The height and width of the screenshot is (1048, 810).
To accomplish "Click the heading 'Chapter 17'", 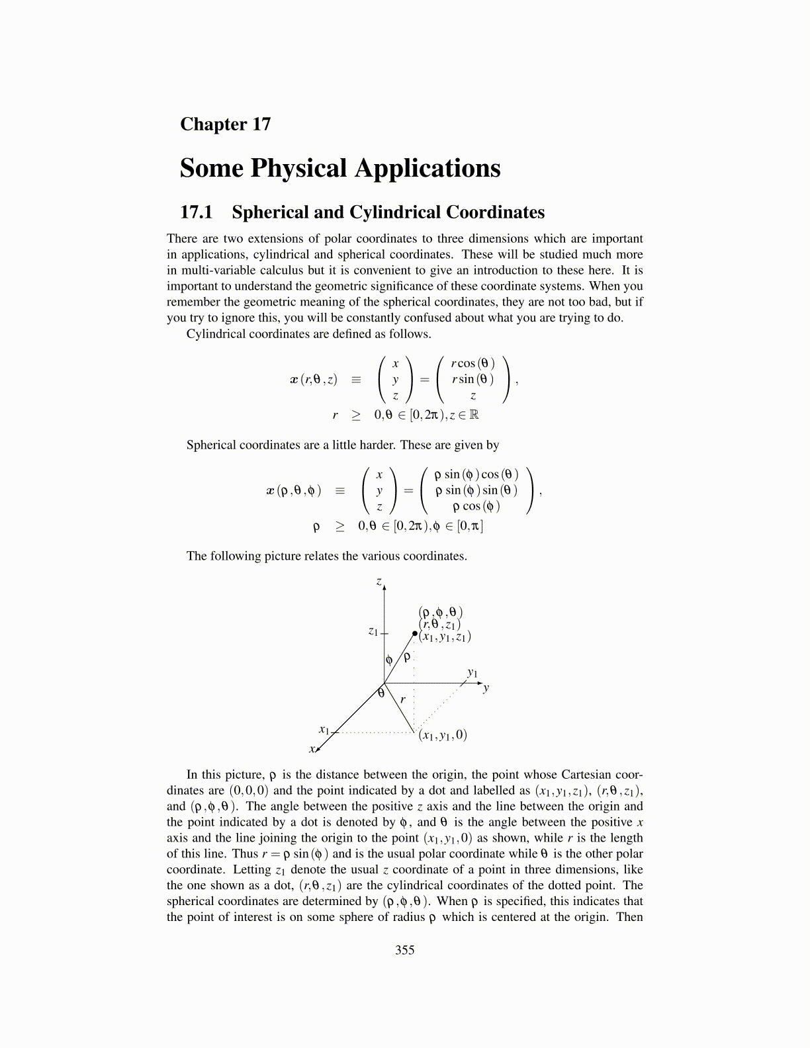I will (225, 124).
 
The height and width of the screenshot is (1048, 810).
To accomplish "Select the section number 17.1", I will (196, 212).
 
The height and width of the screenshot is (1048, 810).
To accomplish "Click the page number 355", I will (404, 950).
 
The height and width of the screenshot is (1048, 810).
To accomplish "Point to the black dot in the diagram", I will (415, 633).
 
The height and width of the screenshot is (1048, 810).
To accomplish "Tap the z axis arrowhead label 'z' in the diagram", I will (379, 582).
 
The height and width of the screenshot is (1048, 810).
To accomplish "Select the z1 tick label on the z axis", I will (373, 631).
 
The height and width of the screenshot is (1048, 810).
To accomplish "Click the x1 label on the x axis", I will (324, 730).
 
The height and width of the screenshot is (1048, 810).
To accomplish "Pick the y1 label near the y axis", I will (472, 672).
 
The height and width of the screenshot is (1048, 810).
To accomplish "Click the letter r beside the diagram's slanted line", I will (403, 699).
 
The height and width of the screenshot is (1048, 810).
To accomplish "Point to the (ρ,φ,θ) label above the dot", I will (441, 612).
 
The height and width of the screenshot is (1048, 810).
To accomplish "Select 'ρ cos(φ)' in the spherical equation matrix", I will (476, 506).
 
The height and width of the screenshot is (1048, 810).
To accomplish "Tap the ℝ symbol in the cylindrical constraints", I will (473, 415).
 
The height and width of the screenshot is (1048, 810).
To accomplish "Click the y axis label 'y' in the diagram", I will (486, 688).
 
